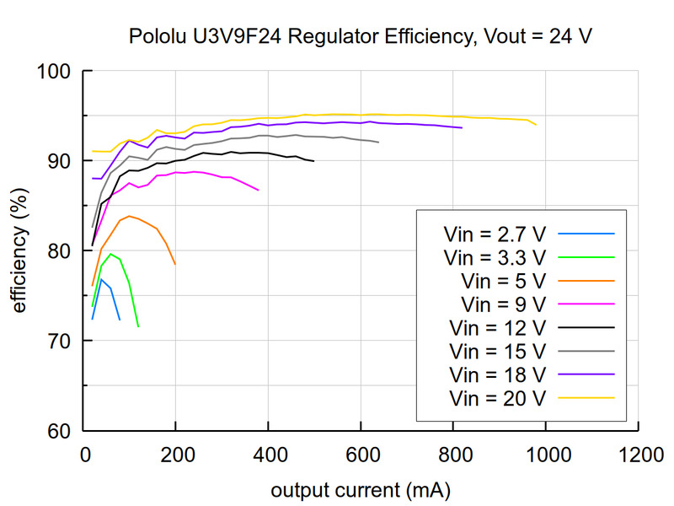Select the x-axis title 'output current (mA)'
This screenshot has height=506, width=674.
(361, 490)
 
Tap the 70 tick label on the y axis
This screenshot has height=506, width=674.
(62, 341)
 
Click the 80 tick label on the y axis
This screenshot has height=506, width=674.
(62, 250)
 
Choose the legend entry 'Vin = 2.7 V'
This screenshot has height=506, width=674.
(495, 233)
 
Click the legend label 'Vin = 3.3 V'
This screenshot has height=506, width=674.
(495, 256)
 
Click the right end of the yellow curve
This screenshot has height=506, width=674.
(536, 125)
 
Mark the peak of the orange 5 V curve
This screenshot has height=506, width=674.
(129, 216)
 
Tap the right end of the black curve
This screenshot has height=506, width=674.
(314, 161)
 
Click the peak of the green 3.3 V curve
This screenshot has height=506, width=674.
(110, 254)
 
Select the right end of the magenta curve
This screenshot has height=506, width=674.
(259, 191)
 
